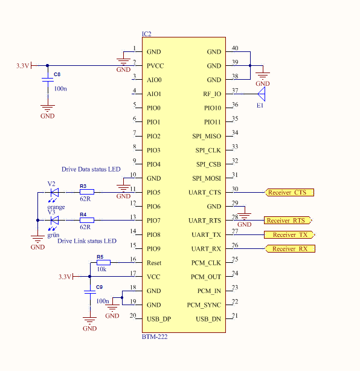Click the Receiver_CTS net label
(289, 193)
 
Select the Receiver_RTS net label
(288, 221)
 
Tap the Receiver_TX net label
(289, 234)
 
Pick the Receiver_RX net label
(289, 249)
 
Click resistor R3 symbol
(86, 193)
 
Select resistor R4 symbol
(86, 221)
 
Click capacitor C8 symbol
(47, 80)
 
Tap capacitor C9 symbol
(89, 292)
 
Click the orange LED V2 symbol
(54, 193)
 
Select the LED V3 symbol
(54, 221)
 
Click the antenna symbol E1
(261, 94)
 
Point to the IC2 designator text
(146, 34)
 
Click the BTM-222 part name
(154, 337)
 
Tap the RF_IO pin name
(212, 94)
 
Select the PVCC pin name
(155, 66)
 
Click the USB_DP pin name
(159, 319)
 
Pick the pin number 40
(235, 48)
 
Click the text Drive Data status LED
(91, 170)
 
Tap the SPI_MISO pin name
(206, 137)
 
